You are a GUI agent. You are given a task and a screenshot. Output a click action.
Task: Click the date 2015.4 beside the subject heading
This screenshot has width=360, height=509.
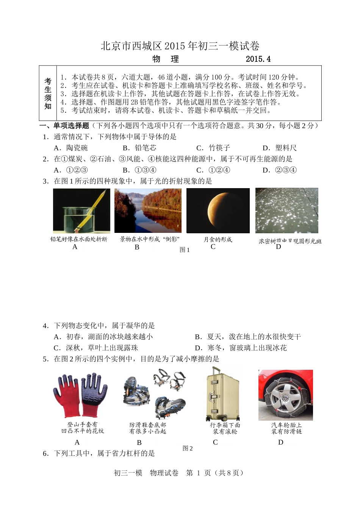(258, 59)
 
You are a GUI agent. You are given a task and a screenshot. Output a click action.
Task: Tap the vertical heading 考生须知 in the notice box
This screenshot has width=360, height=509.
(48, 93)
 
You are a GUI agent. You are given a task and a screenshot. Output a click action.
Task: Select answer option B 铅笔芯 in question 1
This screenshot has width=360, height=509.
(139, 148)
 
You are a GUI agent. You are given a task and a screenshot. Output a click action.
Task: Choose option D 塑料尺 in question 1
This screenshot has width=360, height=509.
(280, 148)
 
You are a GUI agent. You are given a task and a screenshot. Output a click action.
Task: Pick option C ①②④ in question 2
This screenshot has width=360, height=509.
(213, 170)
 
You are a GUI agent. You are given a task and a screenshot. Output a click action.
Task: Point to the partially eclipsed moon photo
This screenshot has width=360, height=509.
(218, 211)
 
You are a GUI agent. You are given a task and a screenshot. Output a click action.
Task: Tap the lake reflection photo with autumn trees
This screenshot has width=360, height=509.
(148, 211)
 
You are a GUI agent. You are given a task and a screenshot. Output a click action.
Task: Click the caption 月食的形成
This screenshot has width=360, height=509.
(218, 239)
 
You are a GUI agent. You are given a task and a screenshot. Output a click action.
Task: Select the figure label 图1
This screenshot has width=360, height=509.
(185, 250)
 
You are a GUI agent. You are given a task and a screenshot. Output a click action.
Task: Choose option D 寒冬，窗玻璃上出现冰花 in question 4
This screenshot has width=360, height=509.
(241, 347)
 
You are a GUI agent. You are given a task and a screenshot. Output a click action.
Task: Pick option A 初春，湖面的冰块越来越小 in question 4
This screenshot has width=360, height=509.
(103, 336)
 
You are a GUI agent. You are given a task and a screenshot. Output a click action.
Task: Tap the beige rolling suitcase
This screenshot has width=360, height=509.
(222, 394)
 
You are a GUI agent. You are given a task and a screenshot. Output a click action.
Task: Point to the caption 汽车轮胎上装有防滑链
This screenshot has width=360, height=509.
(286, 428)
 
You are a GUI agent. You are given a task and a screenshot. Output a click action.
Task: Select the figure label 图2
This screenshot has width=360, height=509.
(188, 448)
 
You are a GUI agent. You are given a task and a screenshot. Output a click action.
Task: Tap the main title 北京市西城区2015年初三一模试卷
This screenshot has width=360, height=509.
(180, 46)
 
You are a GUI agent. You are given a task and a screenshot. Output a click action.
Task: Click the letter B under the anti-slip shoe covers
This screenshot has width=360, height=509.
(139, 442)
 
